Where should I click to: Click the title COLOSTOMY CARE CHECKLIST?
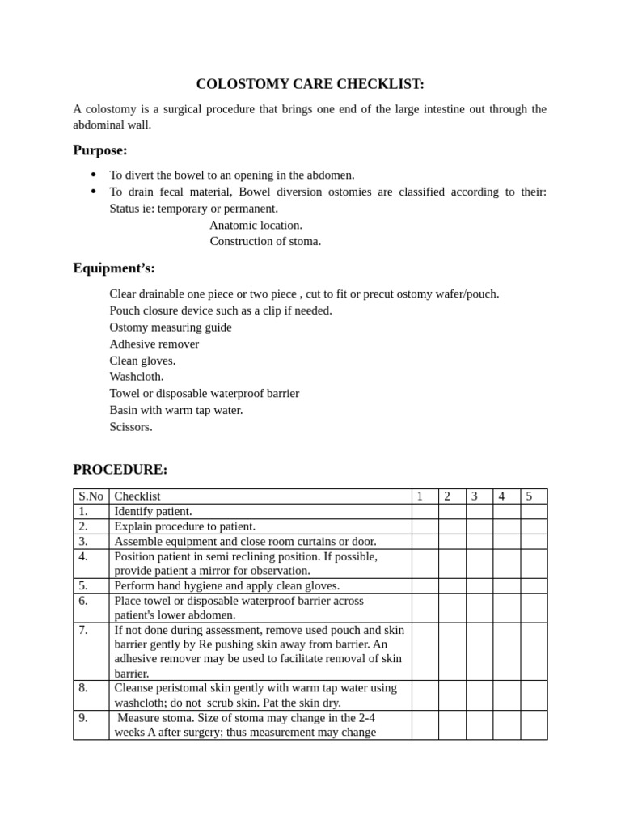(310, 84)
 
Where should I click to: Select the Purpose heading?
(100, 150)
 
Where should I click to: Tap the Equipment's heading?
(114, 268)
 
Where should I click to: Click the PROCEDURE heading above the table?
(120, 470)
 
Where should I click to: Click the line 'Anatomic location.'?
(256, 225)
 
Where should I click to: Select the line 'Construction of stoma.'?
(265, 241)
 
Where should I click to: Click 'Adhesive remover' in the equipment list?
(154, 344)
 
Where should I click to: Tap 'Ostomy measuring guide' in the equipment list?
(170, 327)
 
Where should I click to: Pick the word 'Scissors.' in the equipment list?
(130, 426)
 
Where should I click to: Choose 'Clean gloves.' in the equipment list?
(142, 361)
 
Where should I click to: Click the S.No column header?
(91, 496)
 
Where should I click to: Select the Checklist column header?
(137, 496)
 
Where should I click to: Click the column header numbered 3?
(475, 496)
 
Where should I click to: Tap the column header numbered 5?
(529, 496)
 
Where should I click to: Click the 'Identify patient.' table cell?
(153, 511)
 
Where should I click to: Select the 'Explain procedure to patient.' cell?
(184, 526)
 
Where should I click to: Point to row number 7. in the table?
(84, 630)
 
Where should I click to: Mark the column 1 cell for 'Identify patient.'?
(425, 511)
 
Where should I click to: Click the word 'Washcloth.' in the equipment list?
(137, 377)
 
